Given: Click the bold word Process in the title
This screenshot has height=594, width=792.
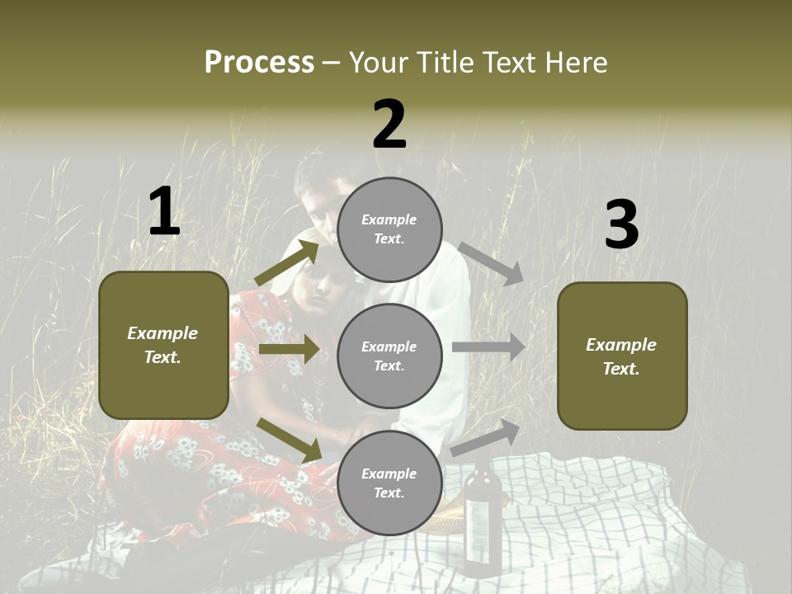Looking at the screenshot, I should tap(259, 62).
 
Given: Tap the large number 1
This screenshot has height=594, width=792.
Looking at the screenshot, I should tap(164, 211).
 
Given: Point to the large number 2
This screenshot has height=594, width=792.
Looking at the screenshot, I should tap(389, 125).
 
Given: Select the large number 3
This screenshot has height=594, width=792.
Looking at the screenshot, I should tap(621, 224).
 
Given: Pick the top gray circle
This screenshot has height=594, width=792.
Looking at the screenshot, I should tap(389, 229).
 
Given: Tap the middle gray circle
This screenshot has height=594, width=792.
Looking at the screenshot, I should tap(389, 356).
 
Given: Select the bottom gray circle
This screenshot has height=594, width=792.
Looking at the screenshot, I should tap(389, 483).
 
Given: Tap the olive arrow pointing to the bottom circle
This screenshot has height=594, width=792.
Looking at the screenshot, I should tap(290, 440).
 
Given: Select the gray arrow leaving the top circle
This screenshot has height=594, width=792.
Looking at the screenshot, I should tap(492, 263).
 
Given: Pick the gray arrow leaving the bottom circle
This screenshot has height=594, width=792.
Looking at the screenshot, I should tap(486, 437).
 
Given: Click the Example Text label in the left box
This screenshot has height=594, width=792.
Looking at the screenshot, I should tap(163, 345).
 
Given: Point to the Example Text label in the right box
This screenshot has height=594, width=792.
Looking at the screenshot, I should tap(621, 356).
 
